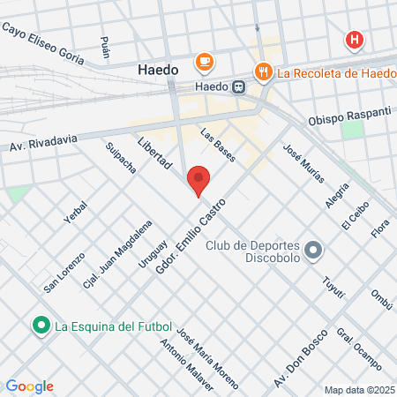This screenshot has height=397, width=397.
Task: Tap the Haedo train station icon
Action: click(x=239, y=86)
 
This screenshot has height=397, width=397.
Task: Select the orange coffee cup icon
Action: click(x=205, y=61)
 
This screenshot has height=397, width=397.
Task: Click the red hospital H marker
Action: click(x=354, y=40)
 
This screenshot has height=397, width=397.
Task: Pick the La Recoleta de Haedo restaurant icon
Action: click(x=262, y=70)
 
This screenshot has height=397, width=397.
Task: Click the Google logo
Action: click(x=30, y=386)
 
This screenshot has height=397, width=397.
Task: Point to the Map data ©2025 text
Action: click(x=357, y=389)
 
